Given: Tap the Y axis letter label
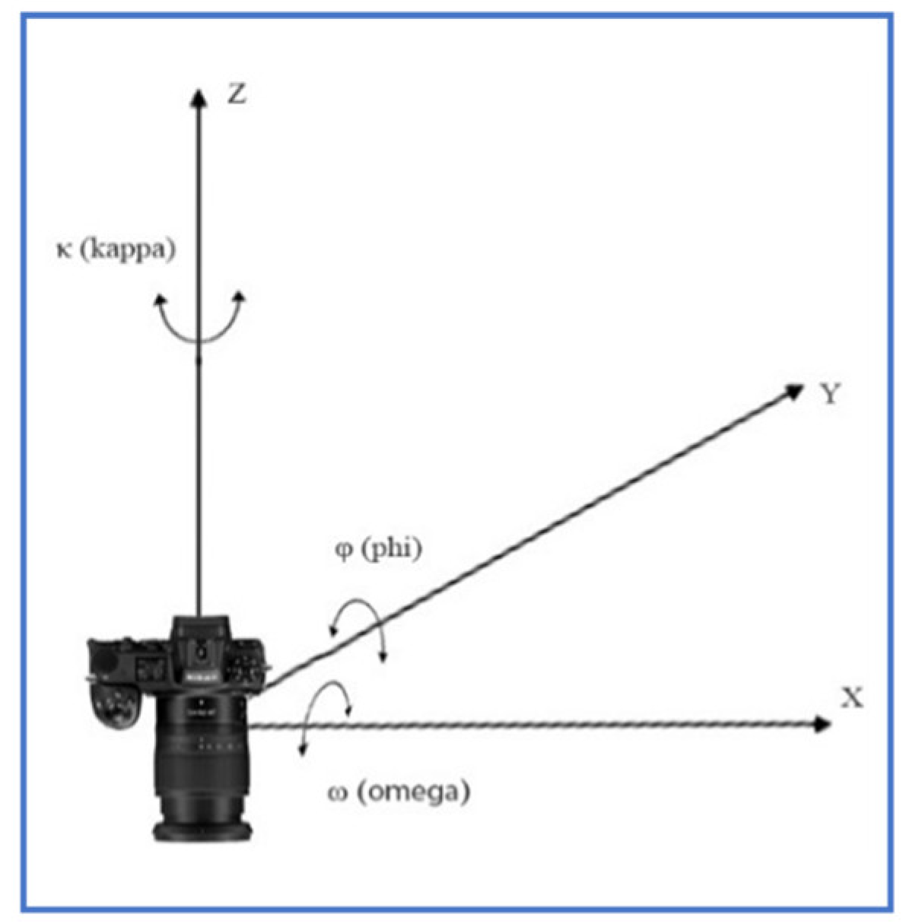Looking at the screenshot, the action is (x=830, y=393).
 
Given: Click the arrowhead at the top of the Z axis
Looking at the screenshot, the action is (x=199, y=98).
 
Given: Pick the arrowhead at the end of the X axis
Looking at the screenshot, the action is (x=822, y=724).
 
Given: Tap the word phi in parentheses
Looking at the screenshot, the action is (x=391, y=548).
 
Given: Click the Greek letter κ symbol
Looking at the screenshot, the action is (x=65, y=250).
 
